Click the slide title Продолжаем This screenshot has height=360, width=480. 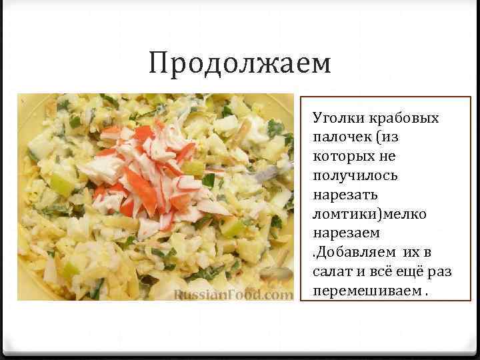[240, 64]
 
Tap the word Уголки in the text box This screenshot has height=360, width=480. [334, 119]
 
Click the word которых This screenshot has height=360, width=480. [339, 157]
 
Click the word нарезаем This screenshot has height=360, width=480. [345, 233]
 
